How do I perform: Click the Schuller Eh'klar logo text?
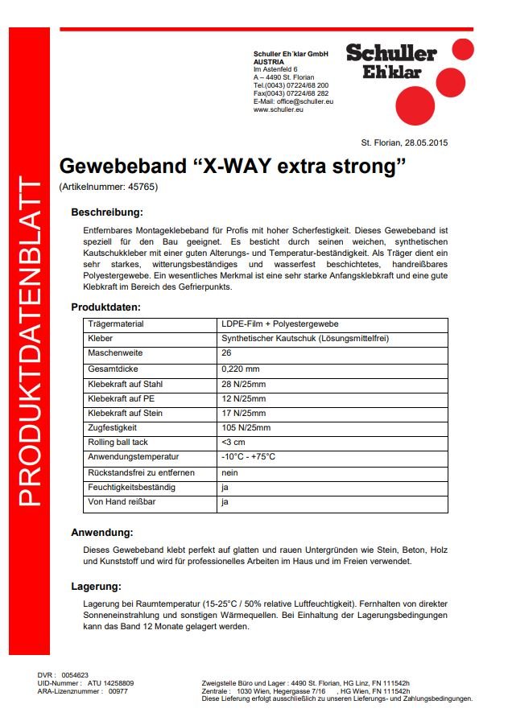pos(391,61)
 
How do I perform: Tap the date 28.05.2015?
pos(426,142)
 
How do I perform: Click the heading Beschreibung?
pos(107,213)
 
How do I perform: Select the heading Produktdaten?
pos(106,307)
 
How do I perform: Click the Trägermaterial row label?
pos(116,324)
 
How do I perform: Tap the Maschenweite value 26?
pos(226,354)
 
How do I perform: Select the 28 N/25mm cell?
pos(243,384)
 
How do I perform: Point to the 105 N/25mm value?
pos(246,428)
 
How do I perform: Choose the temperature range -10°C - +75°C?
pos(248,457)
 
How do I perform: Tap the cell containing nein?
pos(229,472)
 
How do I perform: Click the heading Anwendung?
pos(102,533)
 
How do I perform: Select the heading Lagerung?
pos(97,587)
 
